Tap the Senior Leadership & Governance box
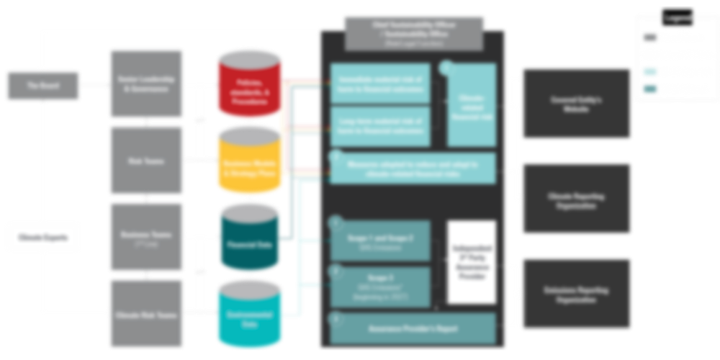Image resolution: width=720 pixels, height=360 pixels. point(146,85)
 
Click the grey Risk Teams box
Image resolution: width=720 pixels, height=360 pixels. point(146,161)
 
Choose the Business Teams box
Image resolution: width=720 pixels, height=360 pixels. point(146,237)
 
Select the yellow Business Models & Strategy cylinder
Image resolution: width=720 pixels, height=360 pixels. point(248,162)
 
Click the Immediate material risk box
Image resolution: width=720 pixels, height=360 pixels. point(380,82)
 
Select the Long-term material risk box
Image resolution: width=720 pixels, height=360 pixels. point(380,127)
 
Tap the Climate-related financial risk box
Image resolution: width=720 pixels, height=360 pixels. point(472,104)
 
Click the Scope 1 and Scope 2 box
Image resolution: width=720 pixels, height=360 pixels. point(380,240)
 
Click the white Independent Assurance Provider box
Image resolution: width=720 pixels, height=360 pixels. point(472,262)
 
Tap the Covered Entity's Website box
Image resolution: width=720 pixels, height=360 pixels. point(576,104)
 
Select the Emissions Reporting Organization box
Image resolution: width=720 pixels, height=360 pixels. point(576,294)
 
